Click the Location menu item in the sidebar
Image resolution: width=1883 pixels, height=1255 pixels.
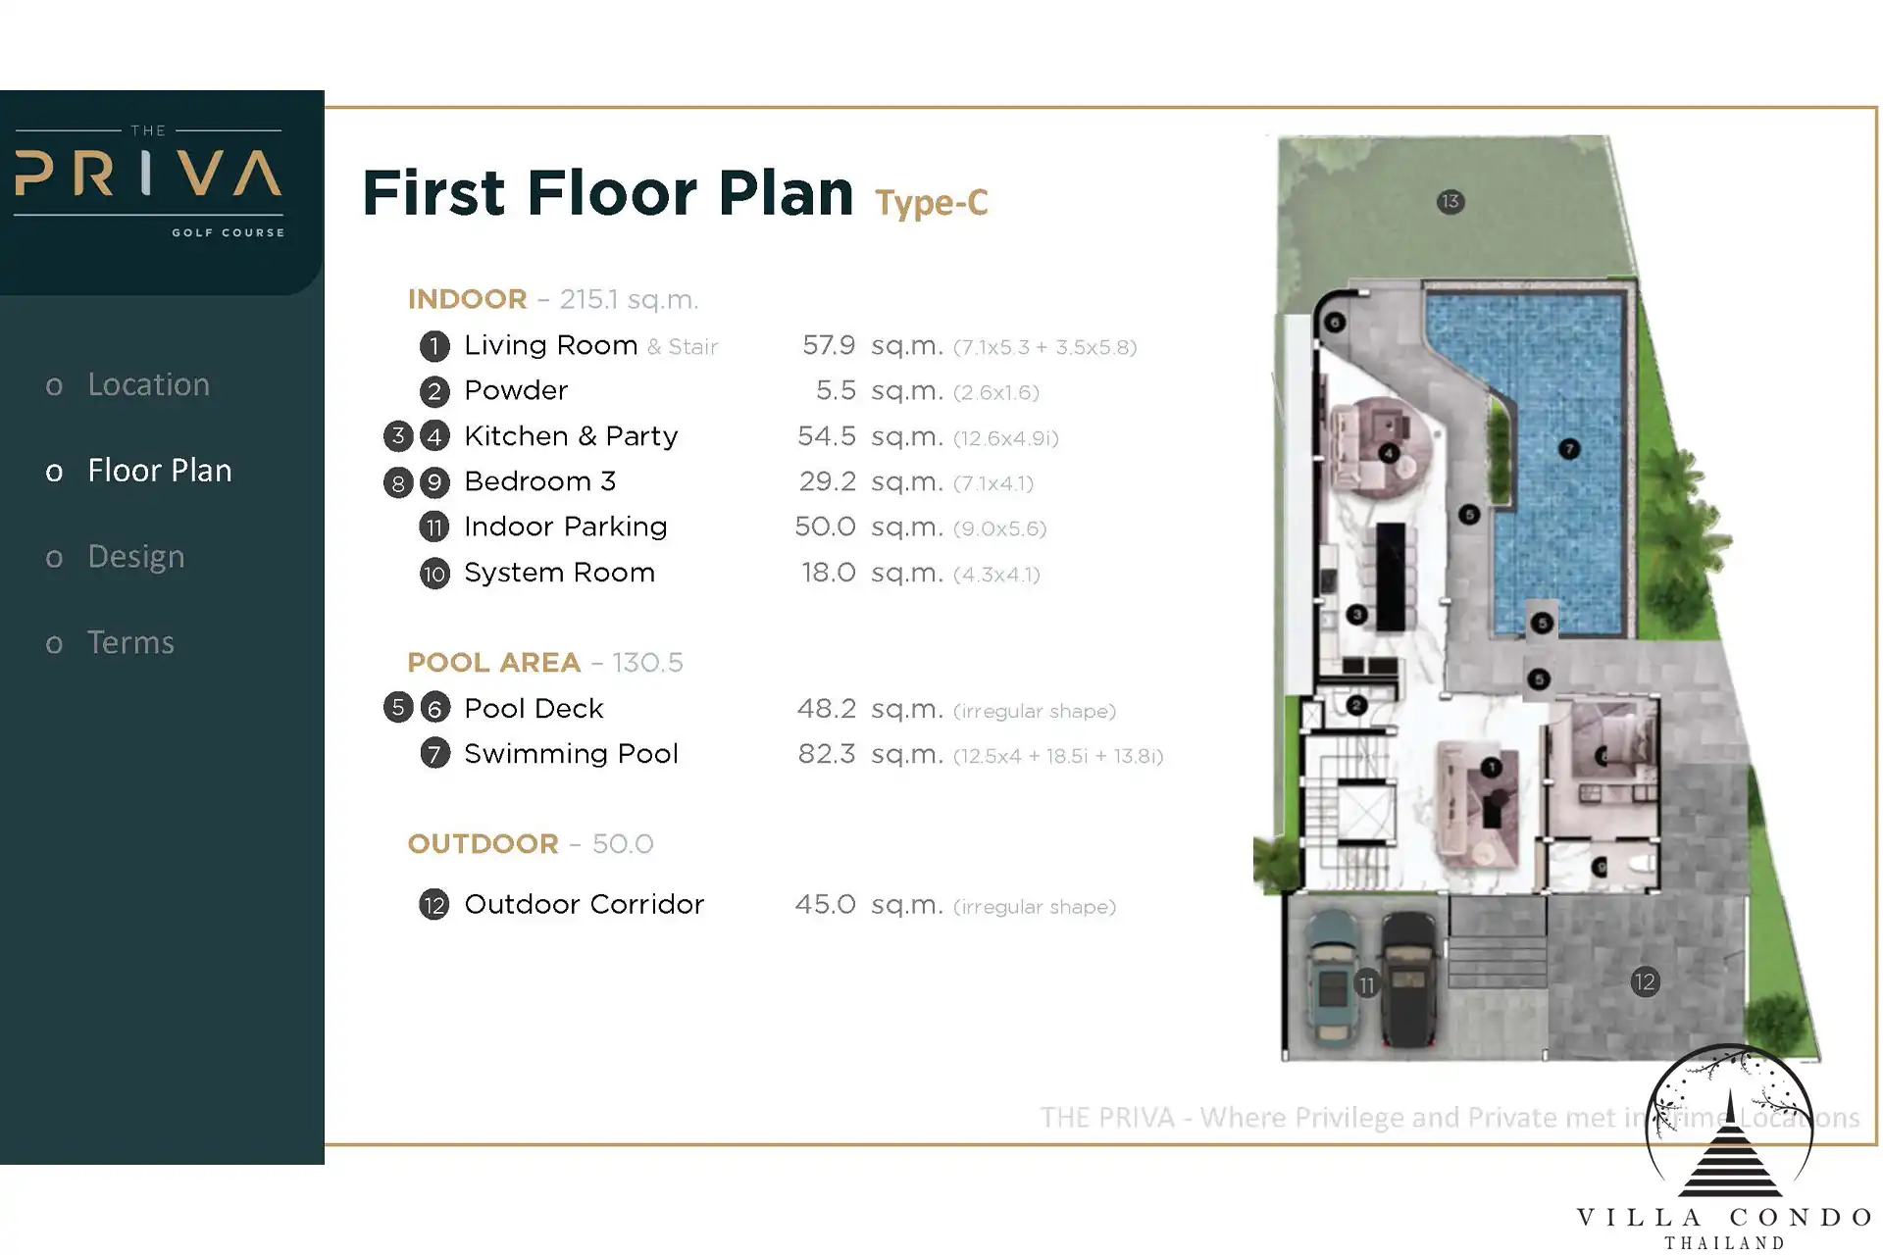pyautogui.click(x=148, y=384)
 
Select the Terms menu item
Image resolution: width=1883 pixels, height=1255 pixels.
pyautogui.click(x=130, y=642)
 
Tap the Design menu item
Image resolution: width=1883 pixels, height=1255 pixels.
pyautogui.click(x=135, y=557)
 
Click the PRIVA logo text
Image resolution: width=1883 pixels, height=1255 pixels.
pyautogui.click(x=148, y=173)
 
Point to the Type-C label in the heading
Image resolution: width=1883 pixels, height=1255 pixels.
pyautogui.click(x=931, y=203)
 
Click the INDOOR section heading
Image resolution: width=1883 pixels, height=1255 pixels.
pyautogui.click(x=467, y=299)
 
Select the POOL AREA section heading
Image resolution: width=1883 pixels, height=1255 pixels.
pyautogui.click(x=493, y=663)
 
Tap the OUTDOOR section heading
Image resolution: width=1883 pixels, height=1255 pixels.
pyautogui.click(x=483, y=844)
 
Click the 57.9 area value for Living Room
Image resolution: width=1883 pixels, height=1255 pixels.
pyautogui.click(x=829, y=345)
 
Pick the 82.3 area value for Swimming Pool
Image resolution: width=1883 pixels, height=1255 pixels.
pyautogui.click(x=826, y=754)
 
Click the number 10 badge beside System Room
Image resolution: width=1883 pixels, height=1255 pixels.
pyautogui.click(x=434, y=574)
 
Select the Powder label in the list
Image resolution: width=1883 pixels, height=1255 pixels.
pyautogui.click(x=516, y=390)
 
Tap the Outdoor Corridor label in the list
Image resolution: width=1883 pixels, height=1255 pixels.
pyautogui.click(x=584, y=904)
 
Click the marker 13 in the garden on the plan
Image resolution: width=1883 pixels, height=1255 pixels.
pyautogui.click(x=1450, y=202)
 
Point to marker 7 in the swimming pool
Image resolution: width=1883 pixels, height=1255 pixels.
pyautogui.click(x=1569, y=449)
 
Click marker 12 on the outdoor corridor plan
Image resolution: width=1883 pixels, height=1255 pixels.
pyautogui.click(x=1645, y=981)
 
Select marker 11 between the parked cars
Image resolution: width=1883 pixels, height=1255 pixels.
pyautogui.click(x=1366, y=984)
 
